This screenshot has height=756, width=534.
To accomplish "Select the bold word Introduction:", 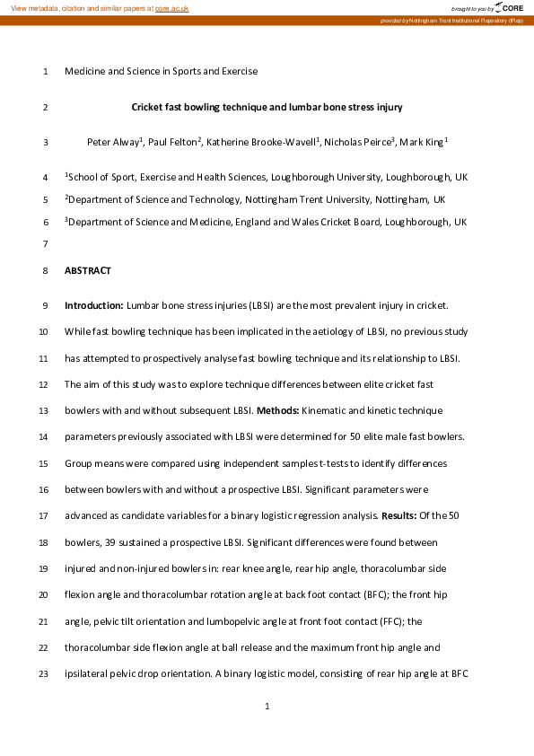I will click(x=94, y=306).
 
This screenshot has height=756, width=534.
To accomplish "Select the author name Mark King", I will click(x=422, y=142).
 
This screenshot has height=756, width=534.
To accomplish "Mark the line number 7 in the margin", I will click(x=45, y=243).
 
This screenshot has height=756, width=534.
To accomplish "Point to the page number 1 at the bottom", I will click(x=267, y=708).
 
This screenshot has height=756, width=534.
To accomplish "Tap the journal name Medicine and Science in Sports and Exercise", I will click(x=162, y=71).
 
